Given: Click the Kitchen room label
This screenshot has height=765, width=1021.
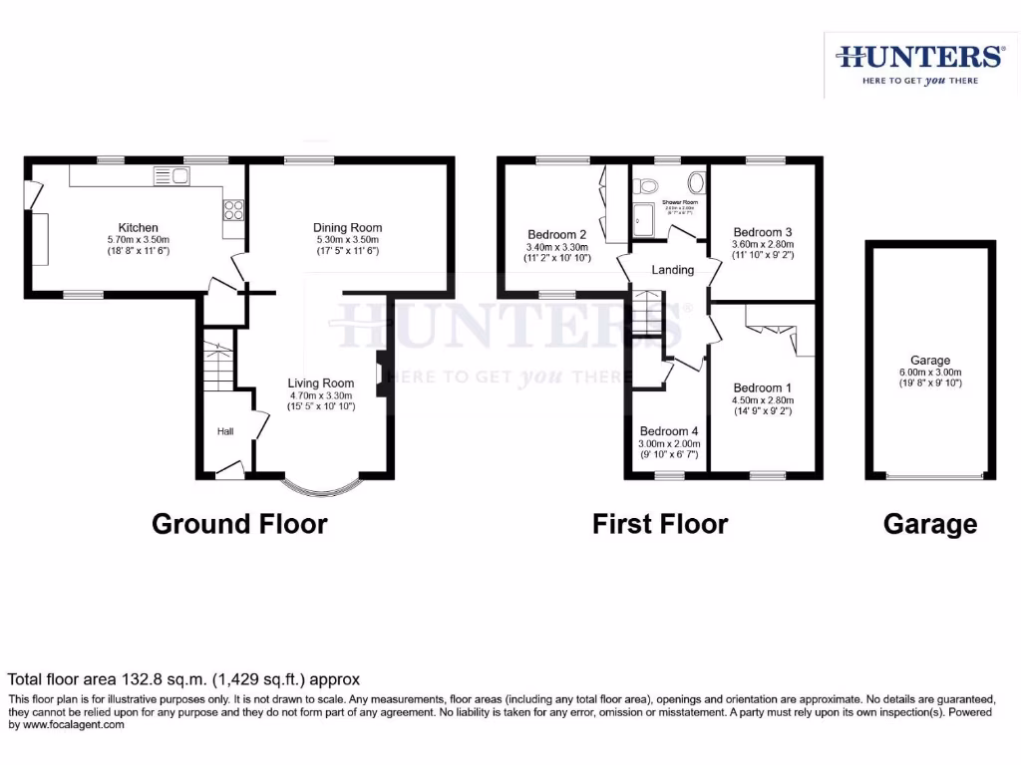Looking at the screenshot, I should pos(139,228).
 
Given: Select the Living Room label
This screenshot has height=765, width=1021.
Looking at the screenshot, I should pos(321,383).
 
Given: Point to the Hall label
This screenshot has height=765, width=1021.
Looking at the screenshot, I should pos(226,431).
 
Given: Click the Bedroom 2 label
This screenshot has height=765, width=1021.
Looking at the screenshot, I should pos(557,235).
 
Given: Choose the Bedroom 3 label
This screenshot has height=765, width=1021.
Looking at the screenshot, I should pos(763,231).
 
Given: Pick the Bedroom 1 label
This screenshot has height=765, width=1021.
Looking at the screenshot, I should pos(763,388).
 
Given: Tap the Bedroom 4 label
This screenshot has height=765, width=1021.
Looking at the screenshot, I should pos(670,431).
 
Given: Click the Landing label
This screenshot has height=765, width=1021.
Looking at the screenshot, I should pos(672,270).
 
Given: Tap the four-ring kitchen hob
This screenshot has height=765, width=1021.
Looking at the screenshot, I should pos(234,210).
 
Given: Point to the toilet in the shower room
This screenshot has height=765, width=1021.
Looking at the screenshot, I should pos(646,184).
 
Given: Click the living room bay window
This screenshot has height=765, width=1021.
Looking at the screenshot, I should pos(320,487).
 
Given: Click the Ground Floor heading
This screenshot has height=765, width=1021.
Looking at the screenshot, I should pos(239,523).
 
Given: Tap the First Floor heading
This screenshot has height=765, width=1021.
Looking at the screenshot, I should pos(660,523).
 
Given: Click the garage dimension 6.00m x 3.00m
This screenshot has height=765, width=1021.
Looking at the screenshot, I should pos(930,373).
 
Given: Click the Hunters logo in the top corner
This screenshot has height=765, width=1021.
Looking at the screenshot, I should pos(919,64).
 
